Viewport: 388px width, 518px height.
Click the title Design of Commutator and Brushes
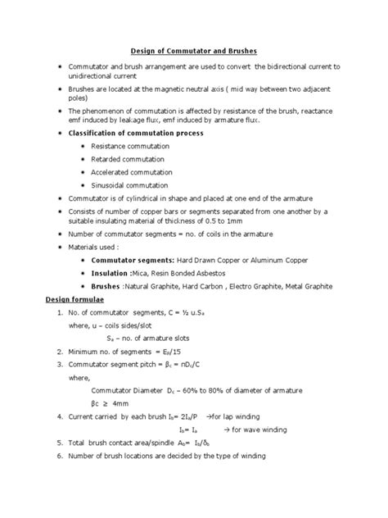(195, 51)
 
